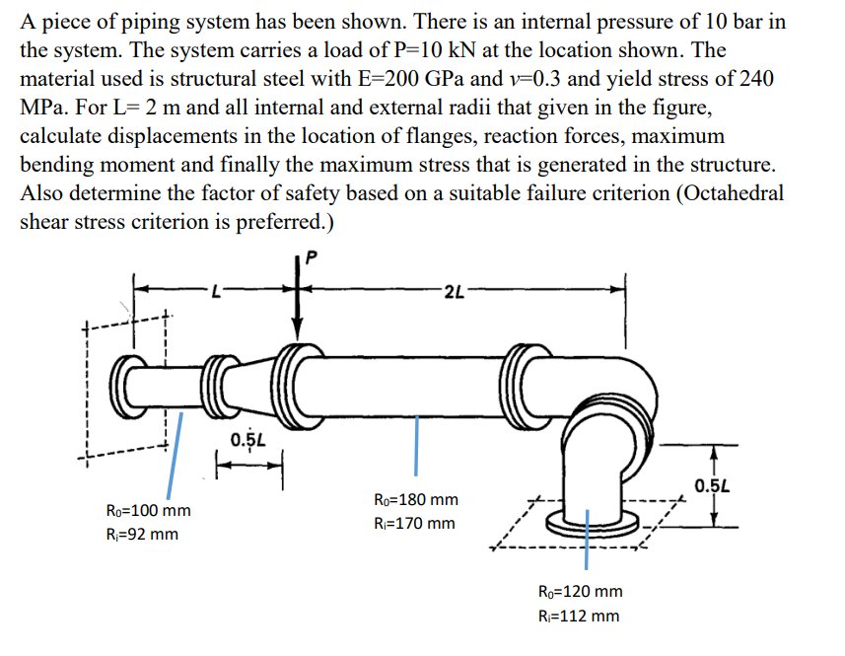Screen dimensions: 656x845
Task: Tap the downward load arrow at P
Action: click(x=296, y=311)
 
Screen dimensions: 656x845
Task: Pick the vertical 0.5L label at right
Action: click(x=712, y=485)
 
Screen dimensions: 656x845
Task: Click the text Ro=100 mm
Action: click(x=148, y=511)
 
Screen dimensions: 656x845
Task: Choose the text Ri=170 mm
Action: click(x=414, y=523)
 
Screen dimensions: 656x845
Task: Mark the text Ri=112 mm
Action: click(x=579, y=616)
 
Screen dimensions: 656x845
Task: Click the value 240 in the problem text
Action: click(x=749, y=78)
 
